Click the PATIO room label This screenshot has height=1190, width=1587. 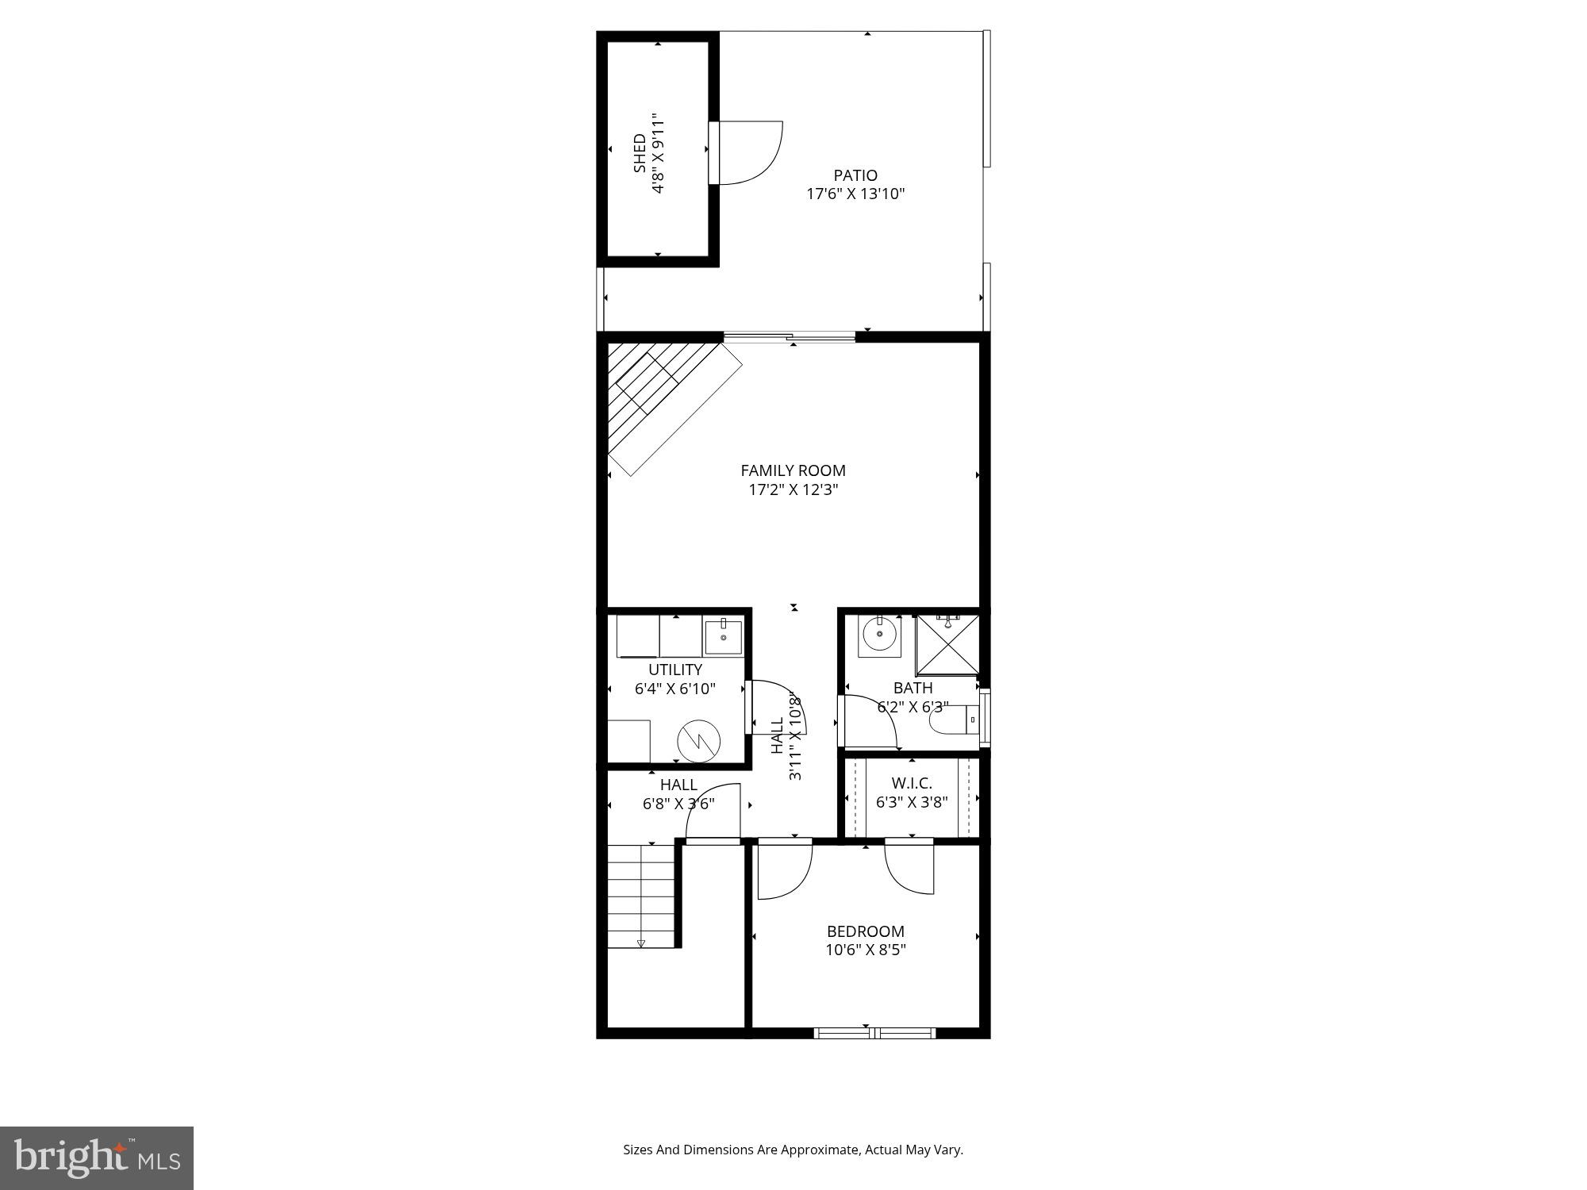pyautogui.click(x=855, y=175)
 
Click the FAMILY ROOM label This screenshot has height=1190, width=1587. pyautogui.click(x=793, y=470)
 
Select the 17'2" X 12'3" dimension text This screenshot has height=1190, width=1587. pyautogui.click(x=793, y=489)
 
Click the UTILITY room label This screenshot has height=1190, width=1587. pyautogui.click(x=674, y=670)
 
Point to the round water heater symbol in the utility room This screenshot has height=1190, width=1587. pyautogui.click(x=698, y=741)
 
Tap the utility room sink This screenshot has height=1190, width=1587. pyautogui.click(x=723, y=636)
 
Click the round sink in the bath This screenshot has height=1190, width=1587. pyautogui.click(x=879, y=634)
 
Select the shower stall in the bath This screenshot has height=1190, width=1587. pyautogui.click(x=947, y=644)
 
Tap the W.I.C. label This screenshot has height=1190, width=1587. pyautogui.click(x=911, y=784)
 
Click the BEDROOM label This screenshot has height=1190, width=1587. pyautogui.click(x=865, y=931)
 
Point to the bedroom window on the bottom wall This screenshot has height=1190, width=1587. pyautogui.click(x=874, y=1032)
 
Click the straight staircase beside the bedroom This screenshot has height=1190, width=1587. pyautogui.click(x=641, y=896)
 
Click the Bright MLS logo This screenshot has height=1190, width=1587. pyautogui.click(x=96, y=1157)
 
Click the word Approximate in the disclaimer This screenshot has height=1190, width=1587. pyautogui.click(x=820, y=1150)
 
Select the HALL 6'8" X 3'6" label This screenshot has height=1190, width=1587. pyautogui.click(x=678, y=793)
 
